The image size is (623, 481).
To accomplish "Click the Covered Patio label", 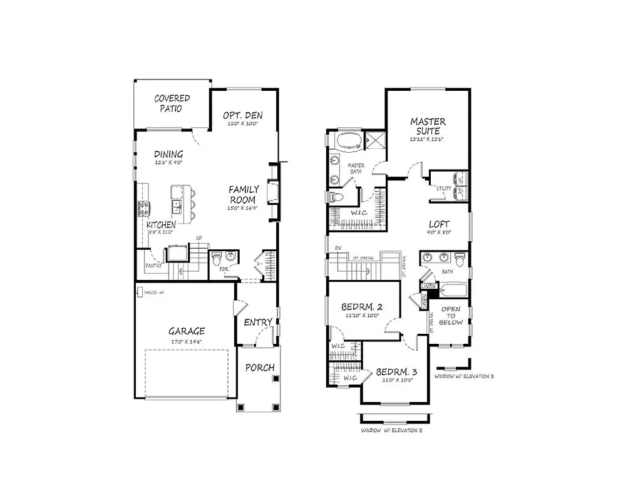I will (x=172, y=103).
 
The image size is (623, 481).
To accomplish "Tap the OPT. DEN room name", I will (x=242, y=115).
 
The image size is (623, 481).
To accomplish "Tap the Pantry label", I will (x=154, y=266).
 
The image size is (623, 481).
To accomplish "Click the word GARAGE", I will (x=186, y=331).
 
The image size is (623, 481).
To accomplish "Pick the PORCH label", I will (x=259, y=368).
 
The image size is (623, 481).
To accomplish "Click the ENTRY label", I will (x=258, y=323).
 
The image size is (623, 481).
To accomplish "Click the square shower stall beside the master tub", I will (x=374, y=140).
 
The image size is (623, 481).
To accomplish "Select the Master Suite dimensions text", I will (x=428, y=139).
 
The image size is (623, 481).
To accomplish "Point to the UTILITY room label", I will (x=444, y=188).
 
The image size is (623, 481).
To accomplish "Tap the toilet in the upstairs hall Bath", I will (x=460, y=259).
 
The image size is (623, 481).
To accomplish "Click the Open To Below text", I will (x=451, y=316).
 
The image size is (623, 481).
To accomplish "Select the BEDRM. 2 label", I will (x=361, y=308).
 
